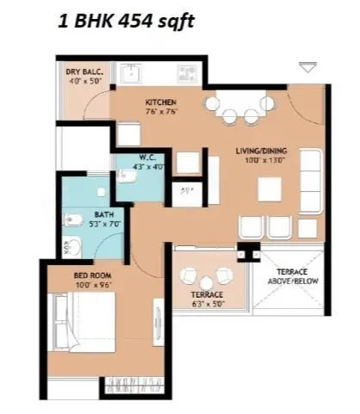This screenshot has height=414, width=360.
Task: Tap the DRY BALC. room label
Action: pos(83,71)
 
